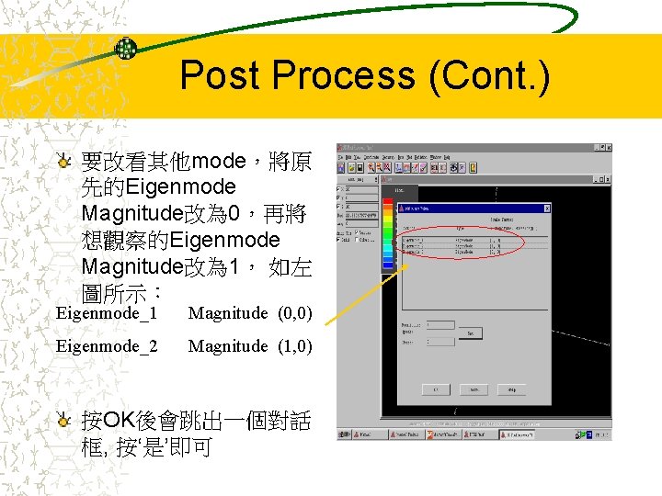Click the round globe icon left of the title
click(x=125, y=49)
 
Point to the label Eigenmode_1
click(x=107, y=313)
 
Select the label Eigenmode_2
click(x=107, y=346)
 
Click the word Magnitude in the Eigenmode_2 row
click(x=227, y=346)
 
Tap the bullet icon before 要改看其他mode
click(x=63, y=162)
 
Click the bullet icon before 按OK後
click(x=63, y=422)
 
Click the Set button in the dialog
click(x=471, y=333)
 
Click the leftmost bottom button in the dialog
click(x=436, y=389)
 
